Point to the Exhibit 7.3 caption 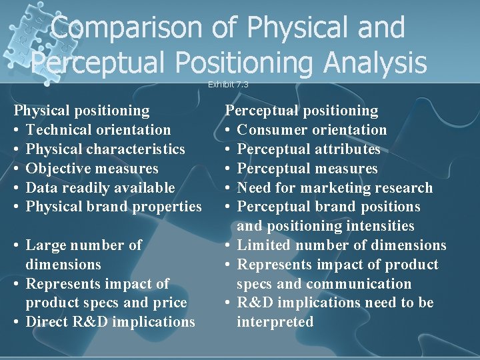click(x=228, y=85)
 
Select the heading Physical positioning click(x=82, y=111)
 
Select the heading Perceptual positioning click(x=301, y=111)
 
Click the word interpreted click(x=275, y=322)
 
